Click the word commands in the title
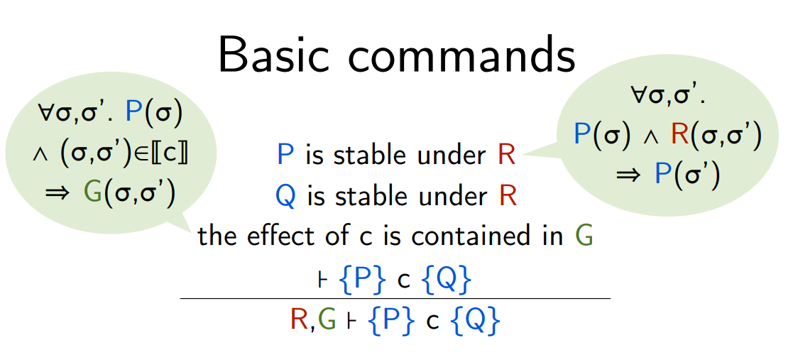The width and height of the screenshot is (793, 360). [x=461, y=55]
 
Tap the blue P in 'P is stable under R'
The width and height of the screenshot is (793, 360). [x=285, y=154]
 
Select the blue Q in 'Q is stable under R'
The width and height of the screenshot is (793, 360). [x=285, y=196]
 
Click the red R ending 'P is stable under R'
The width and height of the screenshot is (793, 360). [x=506, y=154]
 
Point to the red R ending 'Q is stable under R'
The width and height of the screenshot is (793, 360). [x=508, y=196]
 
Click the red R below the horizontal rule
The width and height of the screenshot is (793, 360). [x=300, y=319]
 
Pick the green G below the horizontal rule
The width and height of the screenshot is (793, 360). [x=327, y=319]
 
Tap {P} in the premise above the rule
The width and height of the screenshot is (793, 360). [x=363, y=279]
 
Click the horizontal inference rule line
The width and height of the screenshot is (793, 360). [x=395, y=299]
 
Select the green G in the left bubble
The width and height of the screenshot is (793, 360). [x=93, y=192]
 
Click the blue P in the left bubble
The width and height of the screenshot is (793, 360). [x=133, y=111]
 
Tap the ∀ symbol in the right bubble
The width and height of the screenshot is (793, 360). [x=639, y=95]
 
